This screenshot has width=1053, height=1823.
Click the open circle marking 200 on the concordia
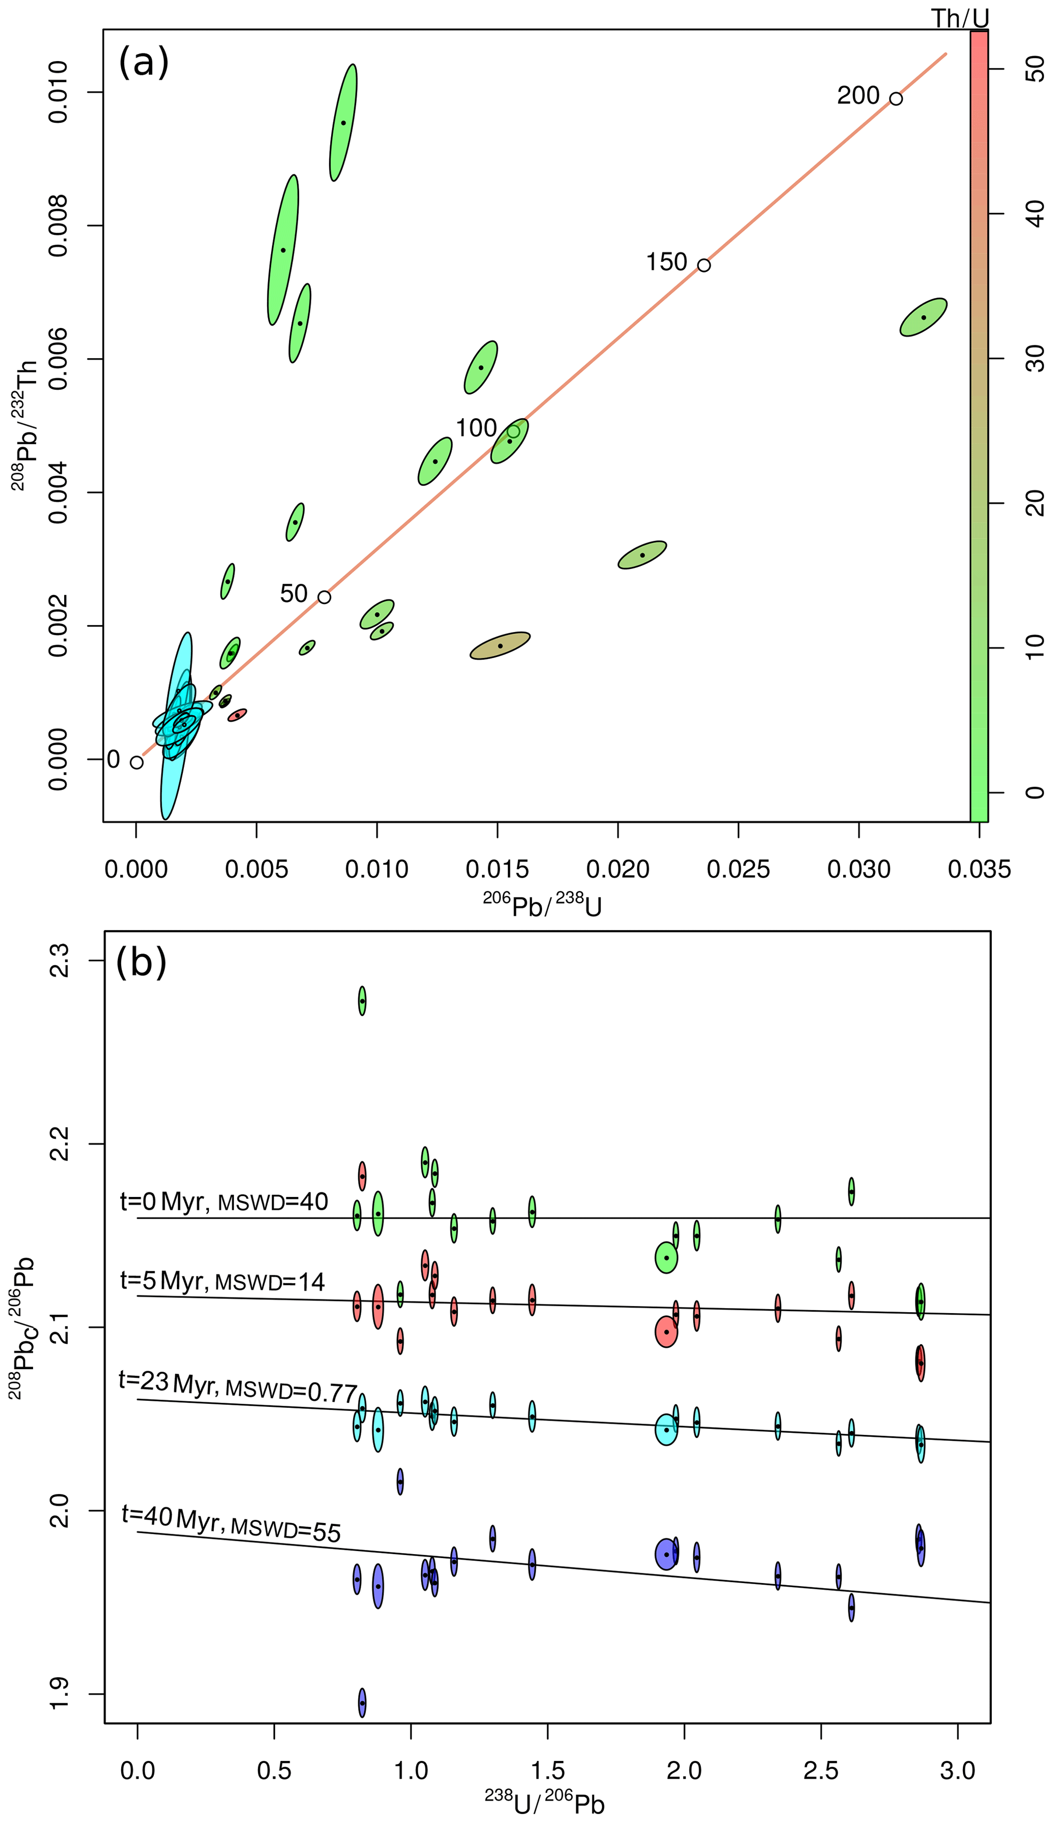(896, 98)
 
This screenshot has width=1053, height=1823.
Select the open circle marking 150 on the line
(704, 265)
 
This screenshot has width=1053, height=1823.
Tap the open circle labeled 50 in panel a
(324, 597)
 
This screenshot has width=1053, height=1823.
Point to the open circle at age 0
(137, 762)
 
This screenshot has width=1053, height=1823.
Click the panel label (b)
(141, 963)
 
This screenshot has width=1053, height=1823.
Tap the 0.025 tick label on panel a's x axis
(738, 869)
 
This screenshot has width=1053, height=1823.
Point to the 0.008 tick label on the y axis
(58, 226)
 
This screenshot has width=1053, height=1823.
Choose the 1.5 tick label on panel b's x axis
(548, 1771)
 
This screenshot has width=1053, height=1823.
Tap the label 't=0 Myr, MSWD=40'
(224, 1202)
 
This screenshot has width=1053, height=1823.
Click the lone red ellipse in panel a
(237, 715)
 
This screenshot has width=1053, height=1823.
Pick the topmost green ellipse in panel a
(343, 122)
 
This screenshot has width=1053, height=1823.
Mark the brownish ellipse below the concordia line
(500, 646)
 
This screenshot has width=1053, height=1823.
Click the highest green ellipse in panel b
(362, 1001)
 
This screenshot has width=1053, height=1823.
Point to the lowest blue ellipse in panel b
(362, 1703)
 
